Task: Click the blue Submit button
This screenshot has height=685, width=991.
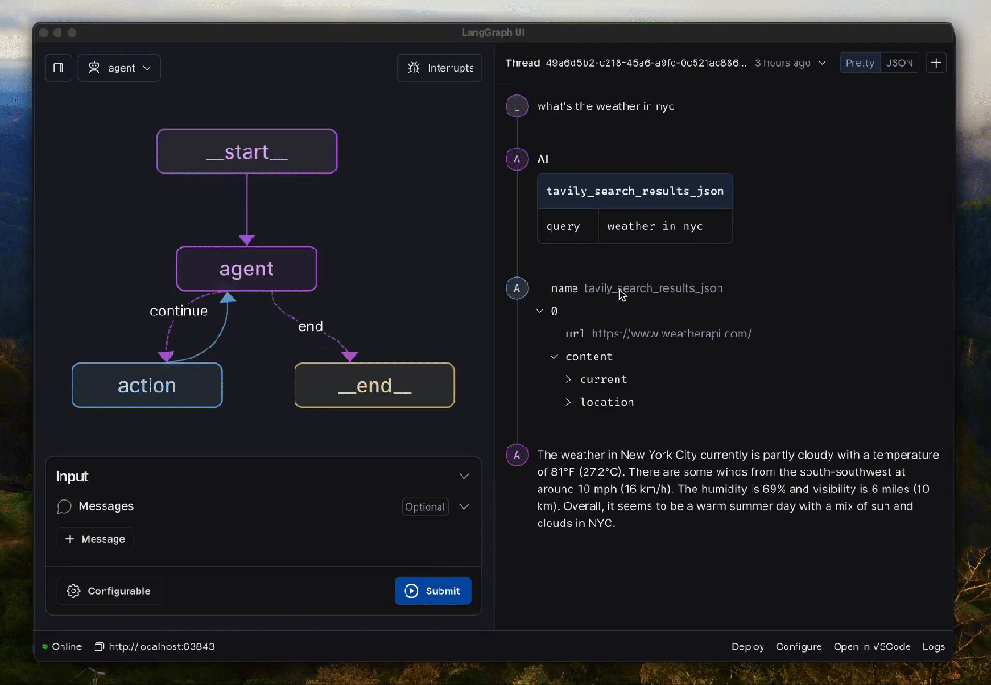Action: coord(433,591)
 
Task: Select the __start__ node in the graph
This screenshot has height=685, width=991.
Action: coord(247,151)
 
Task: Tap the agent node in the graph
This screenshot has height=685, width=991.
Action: coord(247,269)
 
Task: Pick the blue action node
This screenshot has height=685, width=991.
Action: coord(147,385)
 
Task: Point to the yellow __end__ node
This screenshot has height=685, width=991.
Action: coord(374,385)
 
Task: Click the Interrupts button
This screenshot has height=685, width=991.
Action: coord(440,68)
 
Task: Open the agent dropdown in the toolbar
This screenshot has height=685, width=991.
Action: coord(118,68)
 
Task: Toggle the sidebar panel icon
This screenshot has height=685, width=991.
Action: coord(58,68)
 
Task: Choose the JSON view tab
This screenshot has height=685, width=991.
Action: coord(899,63)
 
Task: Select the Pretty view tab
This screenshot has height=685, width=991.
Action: coord(860,63)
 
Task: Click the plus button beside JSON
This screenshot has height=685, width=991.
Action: coord(936,63)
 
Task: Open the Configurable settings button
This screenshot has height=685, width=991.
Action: coord(109,591)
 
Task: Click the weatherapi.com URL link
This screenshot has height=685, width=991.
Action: coord(671,334)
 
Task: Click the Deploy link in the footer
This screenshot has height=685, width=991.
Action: coord(748,646)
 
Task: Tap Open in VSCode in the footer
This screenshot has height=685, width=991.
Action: coord(873,646)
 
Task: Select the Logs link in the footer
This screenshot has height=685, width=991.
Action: coord(933,646)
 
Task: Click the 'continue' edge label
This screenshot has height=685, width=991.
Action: coord(179,311)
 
